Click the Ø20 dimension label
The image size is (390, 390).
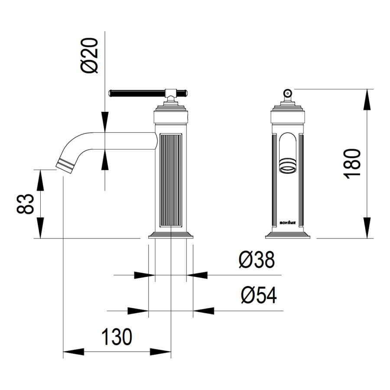[90, 55]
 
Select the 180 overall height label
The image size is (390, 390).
[352, 164]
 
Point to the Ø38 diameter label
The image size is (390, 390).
[257, 260]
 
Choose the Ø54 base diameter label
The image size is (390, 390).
[259, 295]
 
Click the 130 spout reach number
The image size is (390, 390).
[117, 337]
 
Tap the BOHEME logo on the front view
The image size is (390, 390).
[288, 223]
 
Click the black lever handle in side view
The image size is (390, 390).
[148, 93]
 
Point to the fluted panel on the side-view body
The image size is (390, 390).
[171, 180]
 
